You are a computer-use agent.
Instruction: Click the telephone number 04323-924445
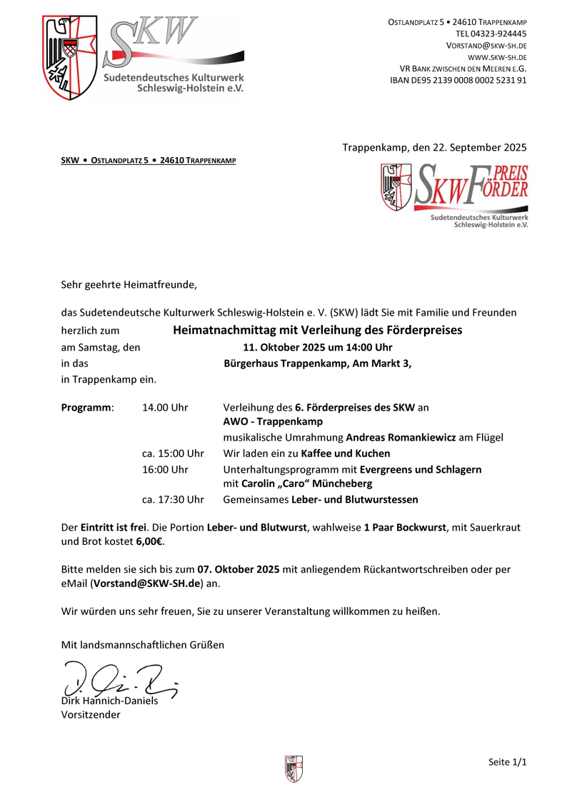point(498,34)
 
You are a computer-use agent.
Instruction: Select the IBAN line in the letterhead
point(458,80)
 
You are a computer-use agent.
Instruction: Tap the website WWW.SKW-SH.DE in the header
point(497,56)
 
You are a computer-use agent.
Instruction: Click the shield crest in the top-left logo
point(69,58)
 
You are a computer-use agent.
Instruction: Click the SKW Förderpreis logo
point(455,195)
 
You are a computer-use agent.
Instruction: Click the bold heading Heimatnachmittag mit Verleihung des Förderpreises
point(318,330)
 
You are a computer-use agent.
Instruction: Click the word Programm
point(86,407)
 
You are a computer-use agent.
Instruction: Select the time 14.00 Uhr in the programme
point(165,407)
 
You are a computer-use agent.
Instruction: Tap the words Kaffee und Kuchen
point(346,453)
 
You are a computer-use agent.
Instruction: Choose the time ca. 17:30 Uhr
point(173,499)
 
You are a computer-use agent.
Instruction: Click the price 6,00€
point(150,541)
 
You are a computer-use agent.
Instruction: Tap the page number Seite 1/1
point(507,762)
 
